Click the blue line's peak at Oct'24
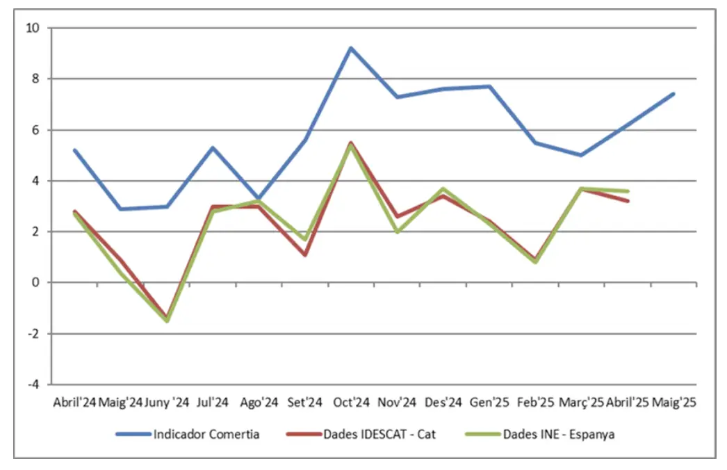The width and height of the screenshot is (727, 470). tap(351, 48)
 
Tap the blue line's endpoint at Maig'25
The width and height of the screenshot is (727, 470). tap(673, 94)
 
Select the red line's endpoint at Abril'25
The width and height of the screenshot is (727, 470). tap(628, 201)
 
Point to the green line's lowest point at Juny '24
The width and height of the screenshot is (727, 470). tap(167, 321)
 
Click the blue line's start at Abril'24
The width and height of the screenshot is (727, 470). tap(74, 150)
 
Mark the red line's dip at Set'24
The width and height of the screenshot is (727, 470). tap(305, 254)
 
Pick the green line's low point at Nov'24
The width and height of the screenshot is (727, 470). tap(397, 232)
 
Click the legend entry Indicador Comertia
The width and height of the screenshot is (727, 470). tap(207, 435)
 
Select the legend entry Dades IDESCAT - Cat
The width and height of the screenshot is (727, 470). tap(379, 435)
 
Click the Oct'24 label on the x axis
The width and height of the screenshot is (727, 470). tap(351, 403)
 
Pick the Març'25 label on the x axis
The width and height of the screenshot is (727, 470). tap(581, 403)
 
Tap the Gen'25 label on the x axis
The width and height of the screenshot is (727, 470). tap(489, 403)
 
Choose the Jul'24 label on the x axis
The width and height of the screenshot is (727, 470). tap(213, 403)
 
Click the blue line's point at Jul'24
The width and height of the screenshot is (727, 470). tap(213, 147)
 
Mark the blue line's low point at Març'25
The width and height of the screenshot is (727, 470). tap(581, 155)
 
